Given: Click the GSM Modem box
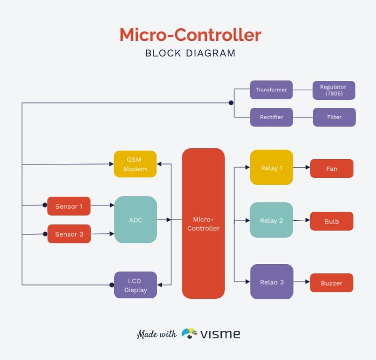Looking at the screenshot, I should click(x=135, y=164).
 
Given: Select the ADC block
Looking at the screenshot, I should click(x=135, y=220).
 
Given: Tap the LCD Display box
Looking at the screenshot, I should click(x=135, y=285).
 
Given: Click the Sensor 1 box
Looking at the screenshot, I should click(x=69, y=206).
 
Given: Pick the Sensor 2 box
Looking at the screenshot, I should click(x=69, y=234).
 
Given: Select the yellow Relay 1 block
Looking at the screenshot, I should click(x=271, y=168).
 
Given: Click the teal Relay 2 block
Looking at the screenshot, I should click(x=271, y=220).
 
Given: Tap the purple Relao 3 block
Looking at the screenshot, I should click(x=271, y=282).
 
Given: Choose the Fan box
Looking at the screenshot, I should click(x=331, y=168).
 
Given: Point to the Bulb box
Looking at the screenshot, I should click(x=331, y=221).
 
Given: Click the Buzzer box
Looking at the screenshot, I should click(x=331, y=283).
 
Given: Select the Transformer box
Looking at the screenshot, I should click(x=271, y=90).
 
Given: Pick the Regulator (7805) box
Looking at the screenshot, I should click(x=334, y=90).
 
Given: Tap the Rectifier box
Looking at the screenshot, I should click(x=271, y=117).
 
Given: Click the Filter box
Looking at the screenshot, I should click(x=334, y=117).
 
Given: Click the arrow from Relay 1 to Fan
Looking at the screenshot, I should click(x=302, y=168).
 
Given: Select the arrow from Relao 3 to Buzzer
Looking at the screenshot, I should click(x=302, y=283).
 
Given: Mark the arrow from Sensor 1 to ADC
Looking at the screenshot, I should click(x=102, y=205).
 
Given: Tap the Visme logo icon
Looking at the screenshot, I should click(x=189, y=334).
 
